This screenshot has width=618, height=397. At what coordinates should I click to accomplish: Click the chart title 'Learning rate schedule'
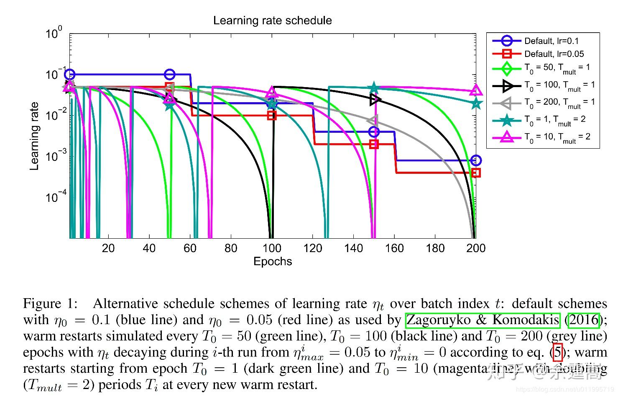coord(272,21)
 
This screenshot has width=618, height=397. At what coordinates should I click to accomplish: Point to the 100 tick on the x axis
coord(272,248)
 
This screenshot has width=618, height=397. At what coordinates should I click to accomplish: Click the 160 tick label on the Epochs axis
coord(394,248)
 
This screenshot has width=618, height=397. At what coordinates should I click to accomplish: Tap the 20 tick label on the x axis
coord(108,248)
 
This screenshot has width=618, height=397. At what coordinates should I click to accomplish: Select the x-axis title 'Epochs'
coord(272,262)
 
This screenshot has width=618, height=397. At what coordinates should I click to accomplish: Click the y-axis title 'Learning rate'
coord(34,136)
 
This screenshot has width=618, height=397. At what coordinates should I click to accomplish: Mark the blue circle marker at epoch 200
coord(475,160)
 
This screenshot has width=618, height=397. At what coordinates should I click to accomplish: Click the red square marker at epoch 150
coord(374,144)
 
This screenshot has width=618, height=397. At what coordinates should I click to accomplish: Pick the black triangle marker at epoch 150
coord(375,100)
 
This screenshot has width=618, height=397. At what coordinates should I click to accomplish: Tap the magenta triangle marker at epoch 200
coord(476,90)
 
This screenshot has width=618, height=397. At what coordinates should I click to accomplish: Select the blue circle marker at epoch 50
coord(169,75)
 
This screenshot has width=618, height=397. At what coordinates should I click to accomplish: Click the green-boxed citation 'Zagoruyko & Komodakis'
coord(483,320)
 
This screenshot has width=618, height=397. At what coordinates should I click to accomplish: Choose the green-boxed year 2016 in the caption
coord(584,320)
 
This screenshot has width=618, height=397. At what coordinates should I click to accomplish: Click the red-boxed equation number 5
coord(557,352)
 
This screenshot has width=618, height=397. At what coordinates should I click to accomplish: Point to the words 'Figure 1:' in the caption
coord(50,304)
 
